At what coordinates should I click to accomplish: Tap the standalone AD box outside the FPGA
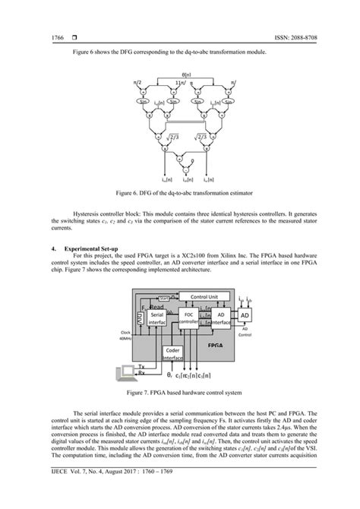pos(244,315)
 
